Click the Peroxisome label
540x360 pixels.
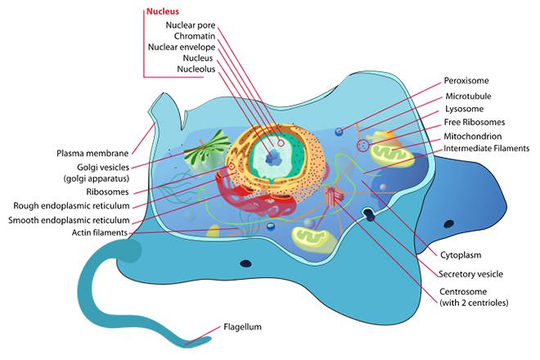[467, 81]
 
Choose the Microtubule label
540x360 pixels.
[468, 95]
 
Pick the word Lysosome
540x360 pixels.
[464, 108]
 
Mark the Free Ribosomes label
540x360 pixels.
[473, 122]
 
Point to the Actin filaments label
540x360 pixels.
[97, 232]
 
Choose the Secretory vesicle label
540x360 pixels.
[471, 273]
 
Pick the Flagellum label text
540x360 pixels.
[242, 327]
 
